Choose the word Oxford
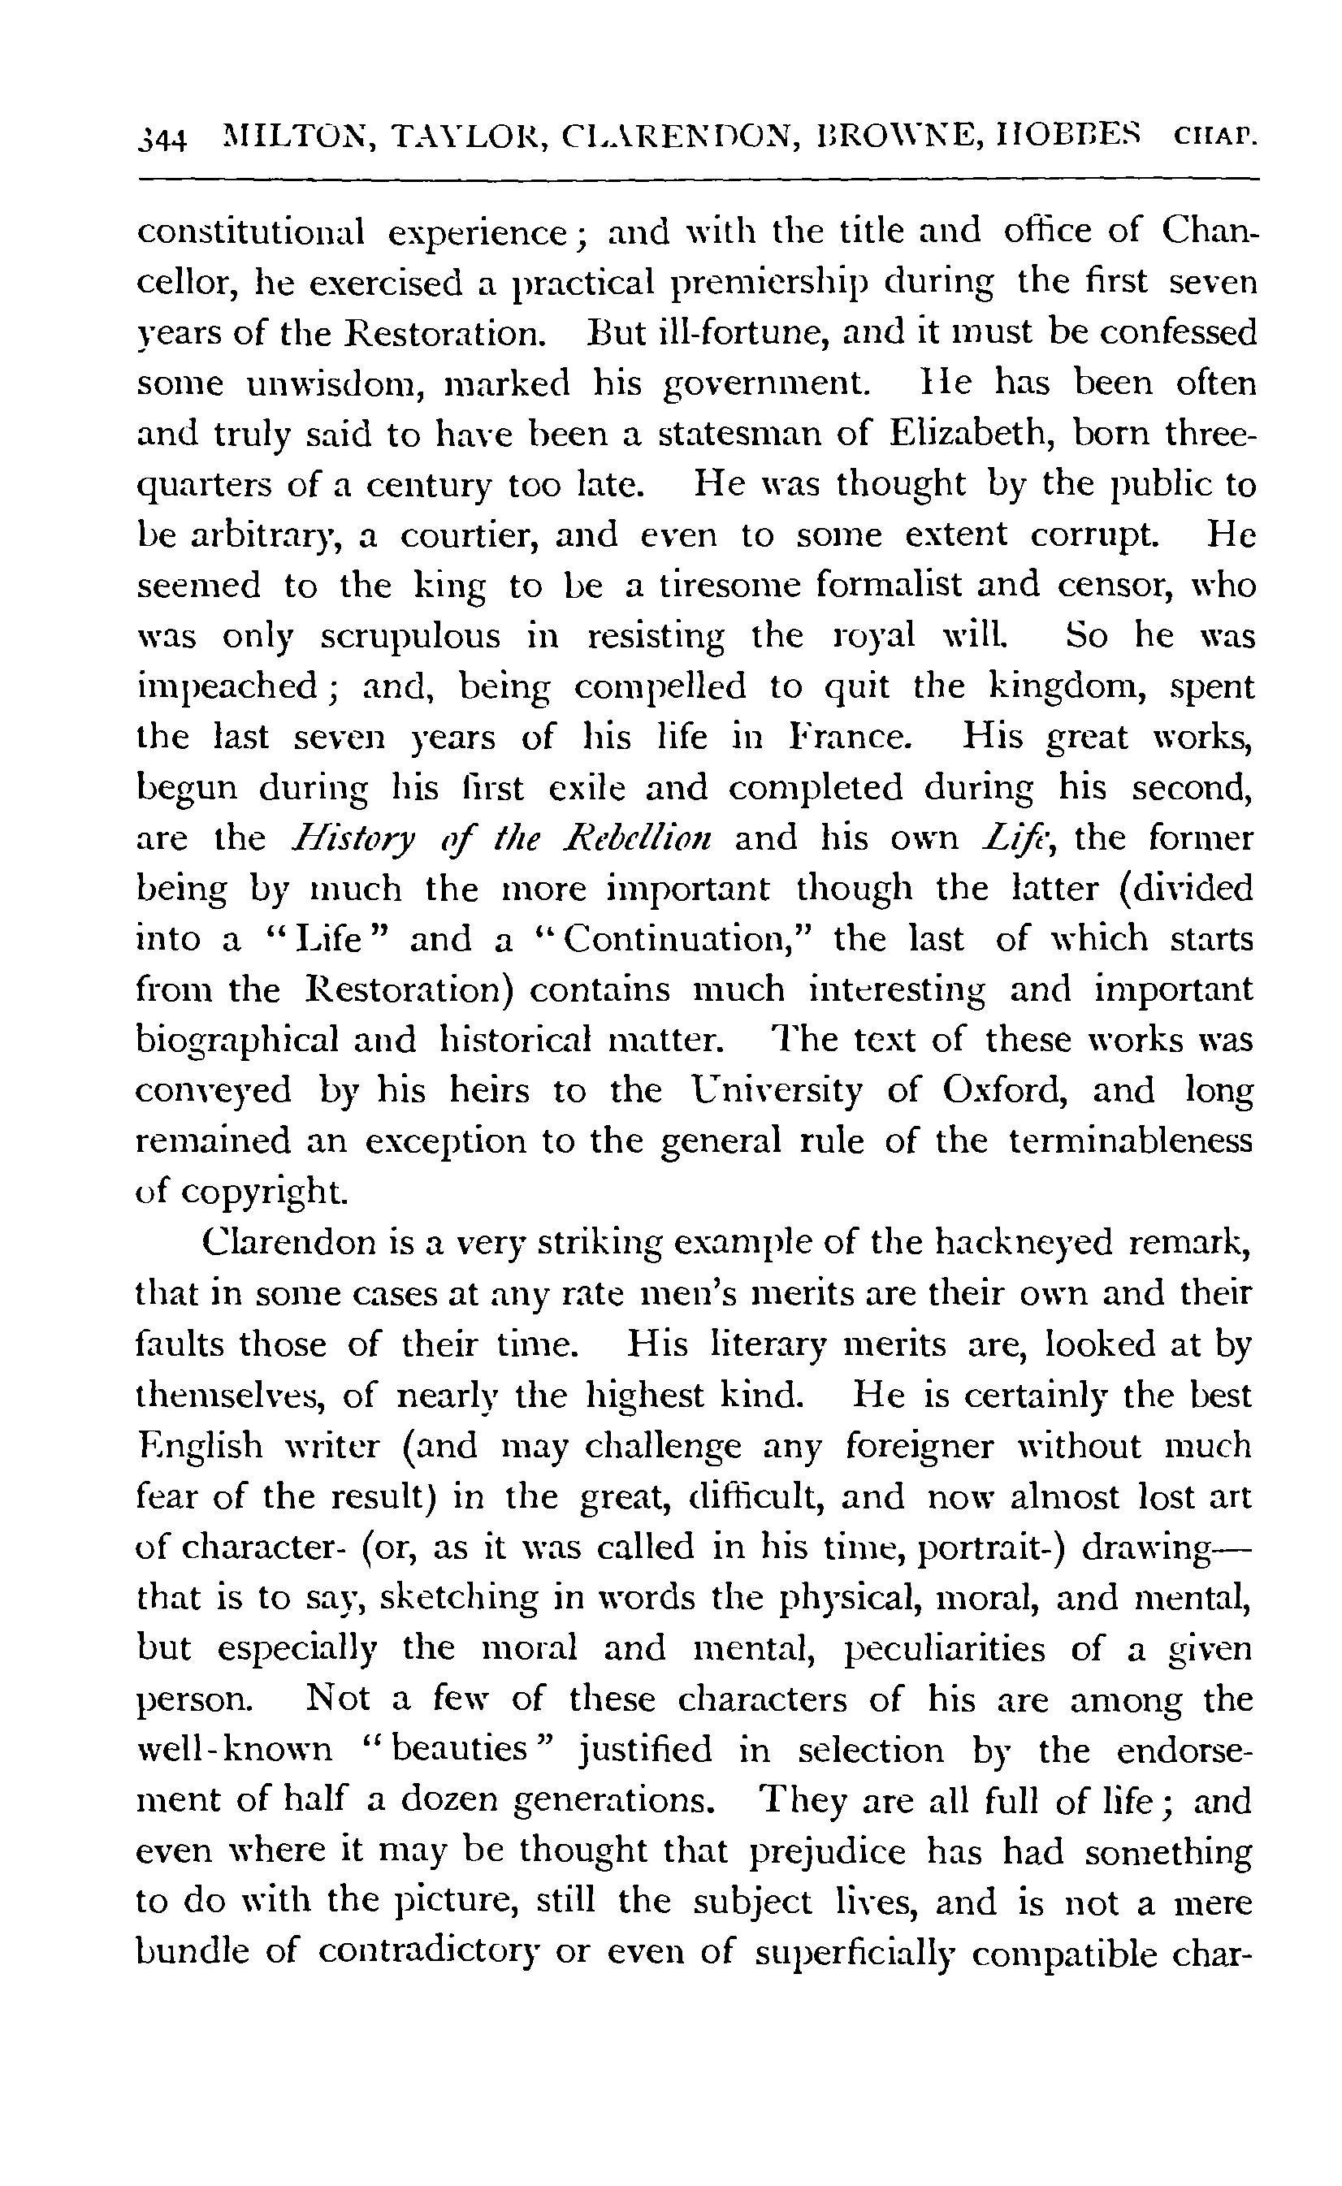point(1005,1090)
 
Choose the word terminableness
point(1130,1141)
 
